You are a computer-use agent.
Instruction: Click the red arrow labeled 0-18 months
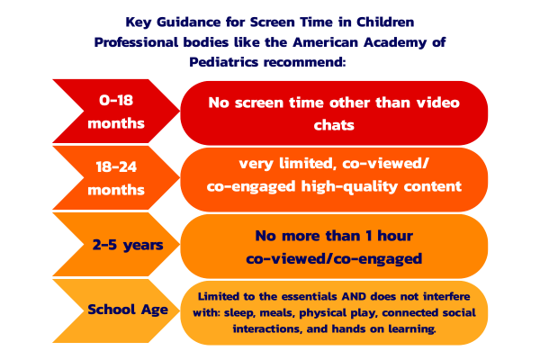114,112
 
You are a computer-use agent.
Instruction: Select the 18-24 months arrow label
114,178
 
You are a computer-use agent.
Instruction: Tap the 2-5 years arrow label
114,246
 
